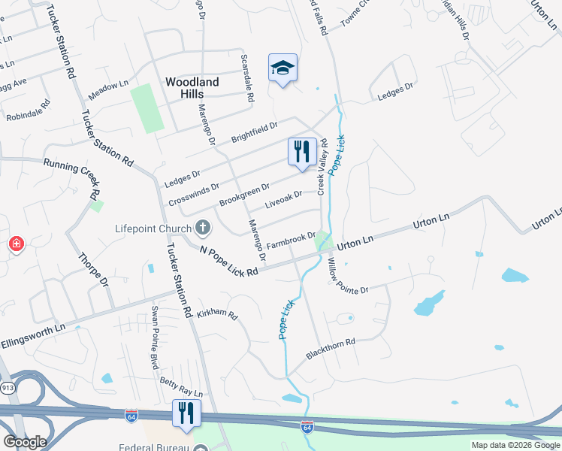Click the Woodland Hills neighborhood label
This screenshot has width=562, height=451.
[192, 87]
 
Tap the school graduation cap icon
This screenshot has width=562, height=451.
[283, 68]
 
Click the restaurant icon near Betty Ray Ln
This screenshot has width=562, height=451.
[185, 413]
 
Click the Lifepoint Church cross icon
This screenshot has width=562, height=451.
[202, 227]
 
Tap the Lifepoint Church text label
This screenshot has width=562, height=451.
[153, 228]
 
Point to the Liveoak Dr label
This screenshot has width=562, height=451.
[283, 200]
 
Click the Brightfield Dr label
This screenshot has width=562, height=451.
[254, 132]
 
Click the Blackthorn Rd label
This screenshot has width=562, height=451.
[330, 347]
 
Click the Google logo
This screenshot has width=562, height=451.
[25, 442]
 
